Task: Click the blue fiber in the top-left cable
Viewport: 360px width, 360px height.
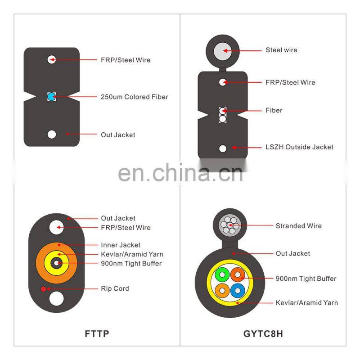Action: pos(51,97)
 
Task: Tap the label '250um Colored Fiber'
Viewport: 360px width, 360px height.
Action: pos(135,97)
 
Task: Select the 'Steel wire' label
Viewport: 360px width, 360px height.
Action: pos(281,50)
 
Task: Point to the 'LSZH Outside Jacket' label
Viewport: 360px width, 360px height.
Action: pos(299,147)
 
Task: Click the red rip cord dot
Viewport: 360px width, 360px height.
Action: pos(43,288)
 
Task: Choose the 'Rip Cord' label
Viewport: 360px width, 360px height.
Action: pos(115,288)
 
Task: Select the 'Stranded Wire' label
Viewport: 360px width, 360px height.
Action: pos(298,226)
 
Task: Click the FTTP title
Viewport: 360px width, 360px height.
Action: pos(97,334)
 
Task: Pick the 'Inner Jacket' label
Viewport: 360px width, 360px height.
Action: pos(121,245)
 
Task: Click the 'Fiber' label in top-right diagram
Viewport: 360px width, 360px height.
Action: pos(274,110)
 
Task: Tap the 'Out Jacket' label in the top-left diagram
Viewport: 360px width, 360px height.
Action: pos(118,135)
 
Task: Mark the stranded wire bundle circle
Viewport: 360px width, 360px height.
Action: pos(229,224)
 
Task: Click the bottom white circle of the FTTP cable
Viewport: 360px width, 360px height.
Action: pos(58,298)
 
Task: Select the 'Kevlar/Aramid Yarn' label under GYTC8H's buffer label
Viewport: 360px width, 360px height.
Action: pos(306,302)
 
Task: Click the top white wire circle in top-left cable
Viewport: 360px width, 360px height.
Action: pos(52,60)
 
